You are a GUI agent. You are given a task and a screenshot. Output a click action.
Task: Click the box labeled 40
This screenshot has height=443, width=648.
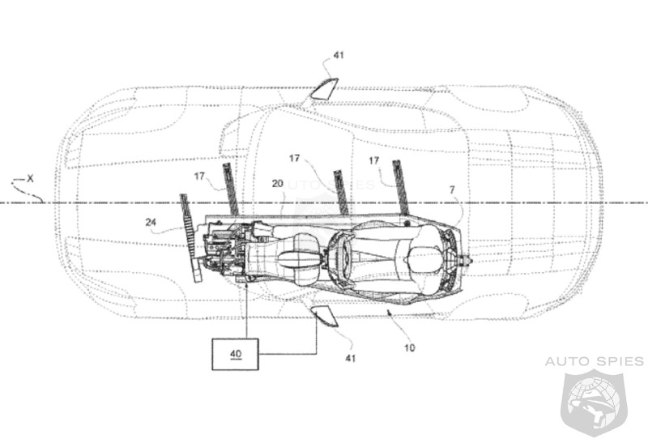[235, 353]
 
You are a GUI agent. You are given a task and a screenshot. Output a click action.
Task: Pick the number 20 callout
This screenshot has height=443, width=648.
[277, 184]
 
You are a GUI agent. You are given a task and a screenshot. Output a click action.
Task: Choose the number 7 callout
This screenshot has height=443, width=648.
[452, 190]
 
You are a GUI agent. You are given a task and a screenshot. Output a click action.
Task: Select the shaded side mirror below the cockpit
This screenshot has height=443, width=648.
[326, 319]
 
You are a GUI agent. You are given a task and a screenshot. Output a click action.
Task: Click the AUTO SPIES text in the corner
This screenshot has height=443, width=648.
[595, 360]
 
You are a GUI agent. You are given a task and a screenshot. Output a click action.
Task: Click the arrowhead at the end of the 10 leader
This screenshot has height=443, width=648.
[389, 310]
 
